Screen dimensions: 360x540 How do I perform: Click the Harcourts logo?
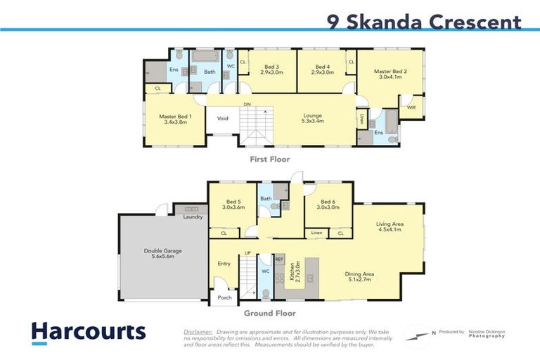coord(88,331)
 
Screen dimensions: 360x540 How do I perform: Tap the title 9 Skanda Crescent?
coord(425,22)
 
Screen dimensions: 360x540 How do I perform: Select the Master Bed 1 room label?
coord(175,120)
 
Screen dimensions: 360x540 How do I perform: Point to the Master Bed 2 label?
coord(390,75)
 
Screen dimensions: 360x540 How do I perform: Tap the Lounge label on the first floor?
coord(313,119)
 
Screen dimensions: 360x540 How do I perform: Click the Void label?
coord(222,118)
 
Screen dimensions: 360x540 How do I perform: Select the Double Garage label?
coord(162,253)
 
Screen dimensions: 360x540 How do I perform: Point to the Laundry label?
coord(193,217)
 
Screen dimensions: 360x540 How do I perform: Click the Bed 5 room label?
coord(232,205)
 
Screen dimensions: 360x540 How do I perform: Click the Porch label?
coord(224,297)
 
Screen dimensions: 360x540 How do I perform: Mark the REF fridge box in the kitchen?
coord(279,259)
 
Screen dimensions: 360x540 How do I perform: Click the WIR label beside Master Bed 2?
coord(411,108)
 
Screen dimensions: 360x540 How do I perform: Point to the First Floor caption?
coord(270,160)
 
